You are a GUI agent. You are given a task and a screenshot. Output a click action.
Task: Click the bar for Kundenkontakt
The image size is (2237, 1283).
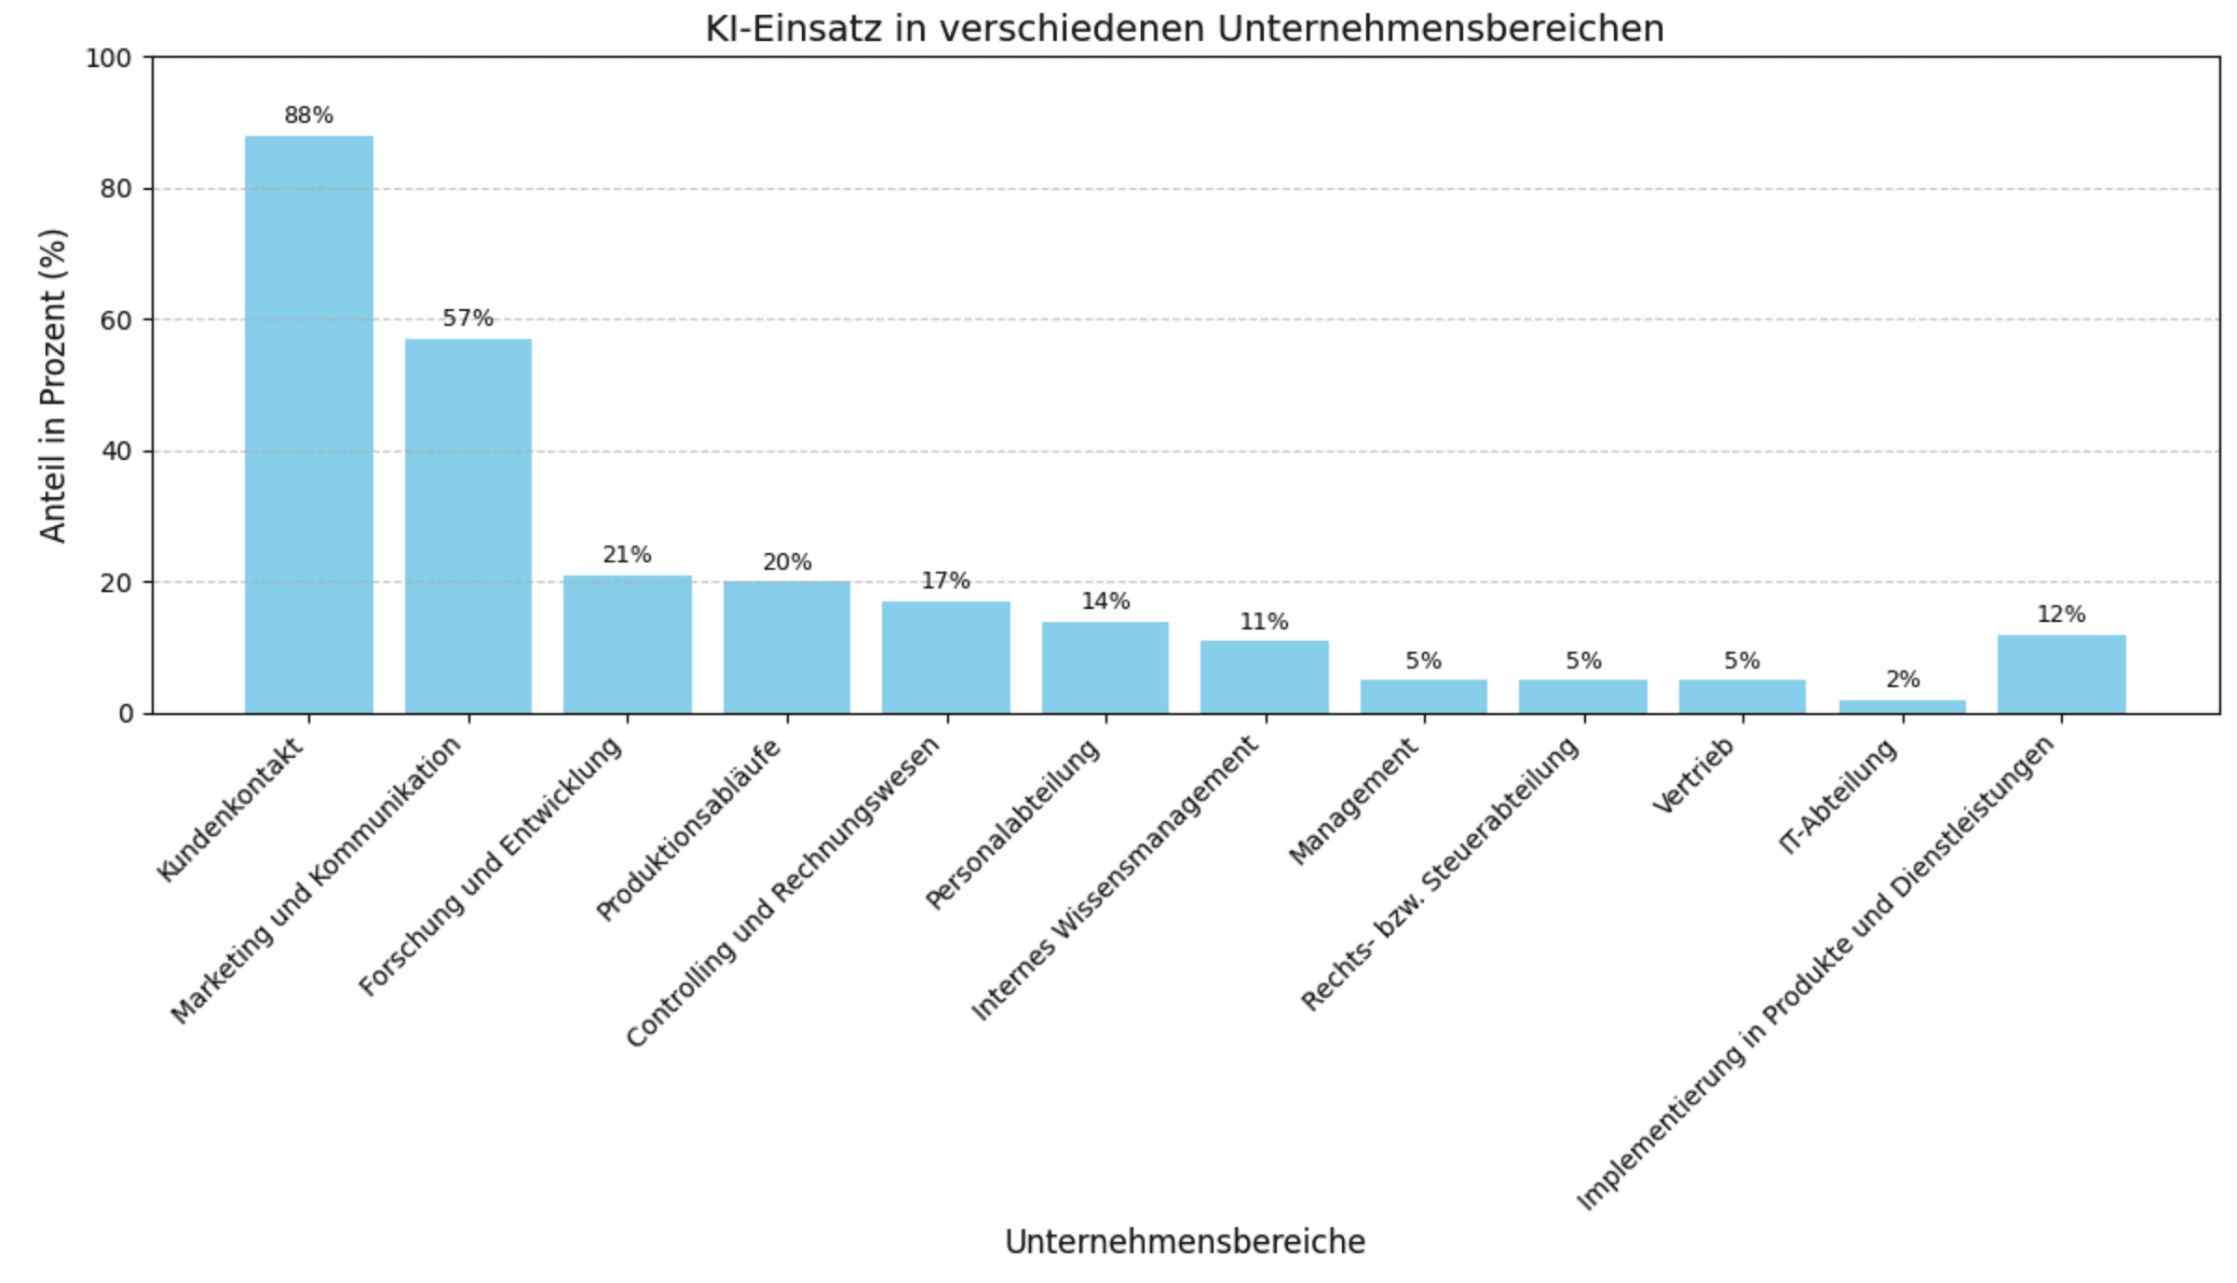(308, 425)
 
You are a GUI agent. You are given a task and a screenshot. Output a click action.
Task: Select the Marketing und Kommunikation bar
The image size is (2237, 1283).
(468, 526)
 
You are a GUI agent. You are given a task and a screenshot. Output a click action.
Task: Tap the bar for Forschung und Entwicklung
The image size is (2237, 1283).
(627, 644)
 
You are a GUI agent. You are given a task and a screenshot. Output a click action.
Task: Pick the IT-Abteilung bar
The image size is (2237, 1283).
(1902, 707)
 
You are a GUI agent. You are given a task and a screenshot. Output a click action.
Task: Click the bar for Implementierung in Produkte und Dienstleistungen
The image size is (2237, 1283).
(2061, 674)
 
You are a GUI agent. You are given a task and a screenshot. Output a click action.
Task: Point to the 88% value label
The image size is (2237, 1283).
(308, 115)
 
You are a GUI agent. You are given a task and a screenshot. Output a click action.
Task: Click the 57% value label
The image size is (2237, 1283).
(468, 318)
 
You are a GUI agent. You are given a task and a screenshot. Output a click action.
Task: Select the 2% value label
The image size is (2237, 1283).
(1902, 680)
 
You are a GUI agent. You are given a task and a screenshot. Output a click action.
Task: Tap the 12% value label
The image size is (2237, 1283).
(2061, 614)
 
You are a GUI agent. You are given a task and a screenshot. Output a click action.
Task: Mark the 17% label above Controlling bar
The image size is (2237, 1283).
(945, 581)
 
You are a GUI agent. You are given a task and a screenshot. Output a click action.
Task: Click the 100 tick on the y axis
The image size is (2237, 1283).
(109, 59)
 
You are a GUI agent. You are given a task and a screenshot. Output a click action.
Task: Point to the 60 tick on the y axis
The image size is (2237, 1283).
(116, 320)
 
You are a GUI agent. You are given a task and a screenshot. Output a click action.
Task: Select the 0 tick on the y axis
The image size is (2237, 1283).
(127, 714)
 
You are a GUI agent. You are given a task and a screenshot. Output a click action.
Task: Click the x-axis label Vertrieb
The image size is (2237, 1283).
(1695, 776)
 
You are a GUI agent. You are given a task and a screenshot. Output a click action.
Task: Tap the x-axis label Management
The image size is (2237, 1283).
(1355, 801)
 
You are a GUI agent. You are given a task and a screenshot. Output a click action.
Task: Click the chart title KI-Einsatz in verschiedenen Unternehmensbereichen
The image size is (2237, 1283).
(1184, 29)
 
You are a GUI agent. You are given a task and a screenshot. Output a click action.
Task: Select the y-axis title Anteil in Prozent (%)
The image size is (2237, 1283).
(53, 385)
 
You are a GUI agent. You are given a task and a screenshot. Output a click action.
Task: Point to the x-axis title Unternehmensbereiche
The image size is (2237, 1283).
(1185, 1242)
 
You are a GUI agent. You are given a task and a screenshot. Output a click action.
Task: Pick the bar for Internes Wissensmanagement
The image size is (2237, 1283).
(1264, 677)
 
